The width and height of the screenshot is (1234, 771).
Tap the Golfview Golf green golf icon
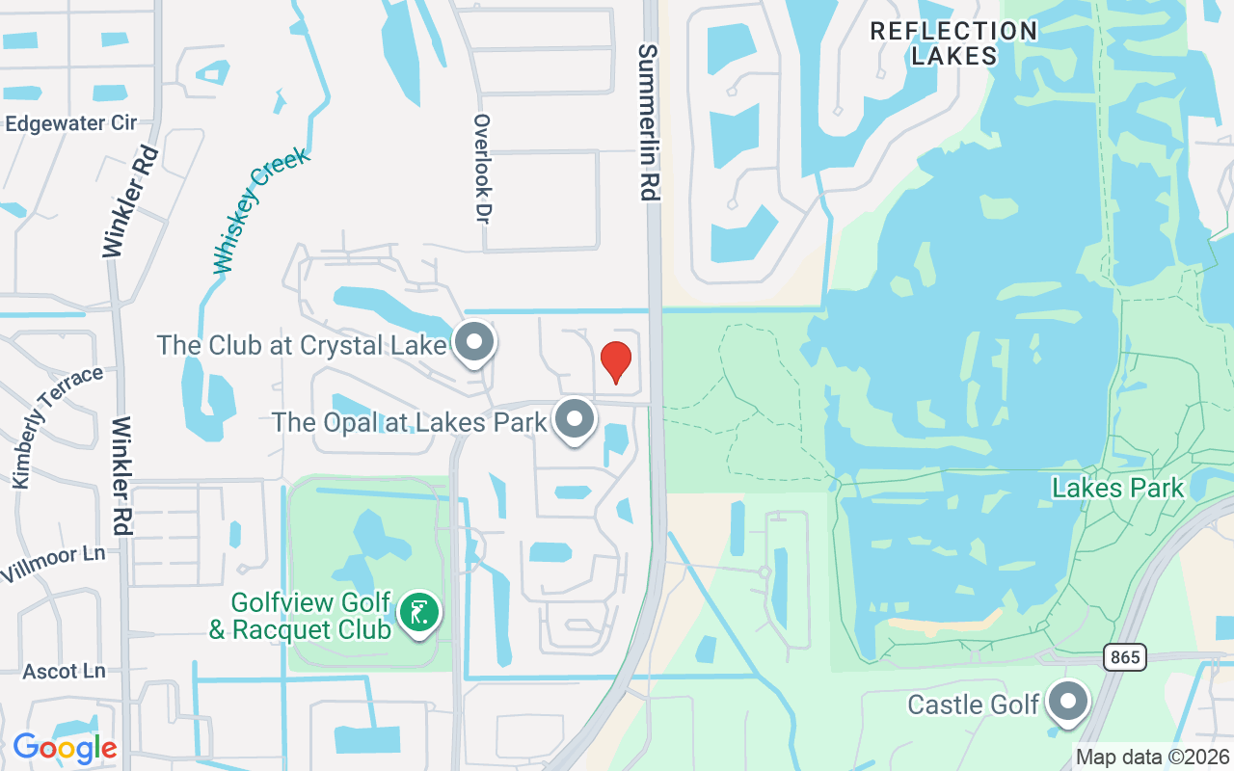coord(418,612)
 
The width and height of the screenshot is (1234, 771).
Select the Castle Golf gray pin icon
coord(1067,703)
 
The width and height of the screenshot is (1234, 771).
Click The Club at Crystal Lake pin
coord(473,342)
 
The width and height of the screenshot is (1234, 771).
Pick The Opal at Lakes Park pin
coord(576,419)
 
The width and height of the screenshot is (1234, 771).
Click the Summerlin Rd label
coord(648,122)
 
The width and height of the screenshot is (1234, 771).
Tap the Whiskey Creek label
coord(261,209)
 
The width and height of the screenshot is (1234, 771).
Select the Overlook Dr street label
coord(483,169)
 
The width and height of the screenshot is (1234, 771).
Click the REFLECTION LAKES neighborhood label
coord(953,43)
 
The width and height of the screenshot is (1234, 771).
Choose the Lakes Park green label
coord(1117,488)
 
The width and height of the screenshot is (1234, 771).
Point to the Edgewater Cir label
coord(70,123)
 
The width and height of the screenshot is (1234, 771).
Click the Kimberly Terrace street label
coord(57,425)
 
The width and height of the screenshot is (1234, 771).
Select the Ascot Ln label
coord(64,671)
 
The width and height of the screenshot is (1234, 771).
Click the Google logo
coord(65,747)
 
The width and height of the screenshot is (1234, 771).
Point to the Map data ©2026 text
coord(1153,758)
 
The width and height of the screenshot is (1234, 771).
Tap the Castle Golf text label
coord(973,705)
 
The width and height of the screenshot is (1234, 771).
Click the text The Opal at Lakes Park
coord(409,422)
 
